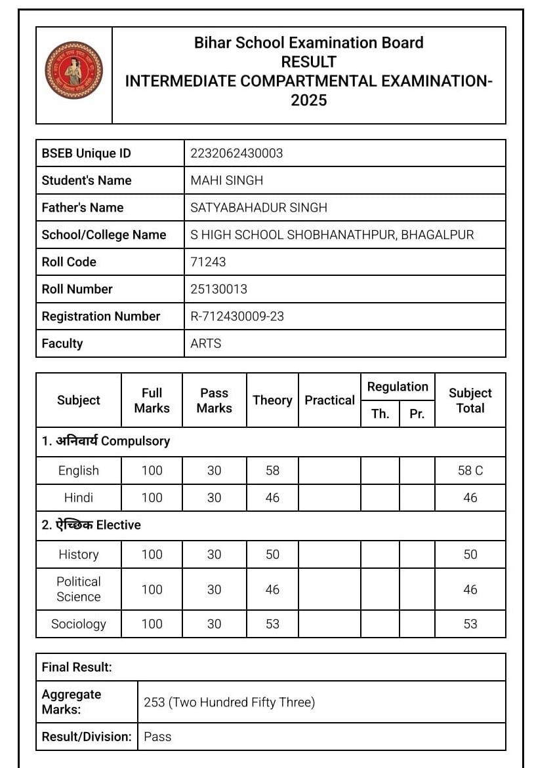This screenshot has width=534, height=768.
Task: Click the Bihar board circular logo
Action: click(x=73, y=71)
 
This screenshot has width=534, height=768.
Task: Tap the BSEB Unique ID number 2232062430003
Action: click(x=236, y=153)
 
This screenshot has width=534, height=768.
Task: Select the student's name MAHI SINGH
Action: click(x=226, y=180)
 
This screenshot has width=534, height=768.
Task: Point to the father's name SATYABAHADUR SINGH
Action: click(x=258, y=208)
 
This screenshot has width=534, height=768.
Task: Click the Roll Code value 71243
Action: click(x=208, y=261)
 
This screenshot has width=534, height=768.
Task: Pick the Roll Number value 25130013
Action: click(x=218, y=289)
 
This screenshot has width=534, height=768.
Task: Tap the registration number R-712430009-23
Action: click(x=237, y=316)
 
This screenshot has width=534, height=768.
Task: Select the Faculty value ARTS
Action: click(x=206, y=343)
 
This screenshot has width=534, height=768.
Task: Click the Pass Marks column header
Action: click(x=214, y=400)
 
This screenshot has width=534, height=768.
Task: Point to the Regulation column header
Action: click(x=398, y=387)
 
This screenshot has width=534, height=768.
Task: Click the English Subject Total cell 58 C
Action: click(x=470, y=470)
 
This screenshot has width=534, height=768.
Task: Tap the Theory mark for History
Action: click(x=272, y=554)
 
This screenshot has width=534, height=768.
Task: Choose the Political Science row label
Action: click(x=79, y=589)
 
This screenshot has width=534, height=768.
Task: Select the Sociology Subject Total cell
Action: click(x=470, y=624)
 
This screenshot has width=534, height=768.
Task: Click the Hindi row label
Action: click(x=79, y=497)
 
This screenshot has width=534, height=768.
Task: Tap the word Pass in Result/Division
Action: click(x=157, y=737)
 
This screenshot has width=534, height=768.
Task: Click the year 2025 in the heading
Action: click(x=309, y=101)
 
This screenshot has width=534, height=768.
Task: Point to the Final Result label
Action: click(x=77, y=667)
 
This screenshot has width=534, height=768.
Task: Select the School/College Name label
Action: click(x=104, y=235)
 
